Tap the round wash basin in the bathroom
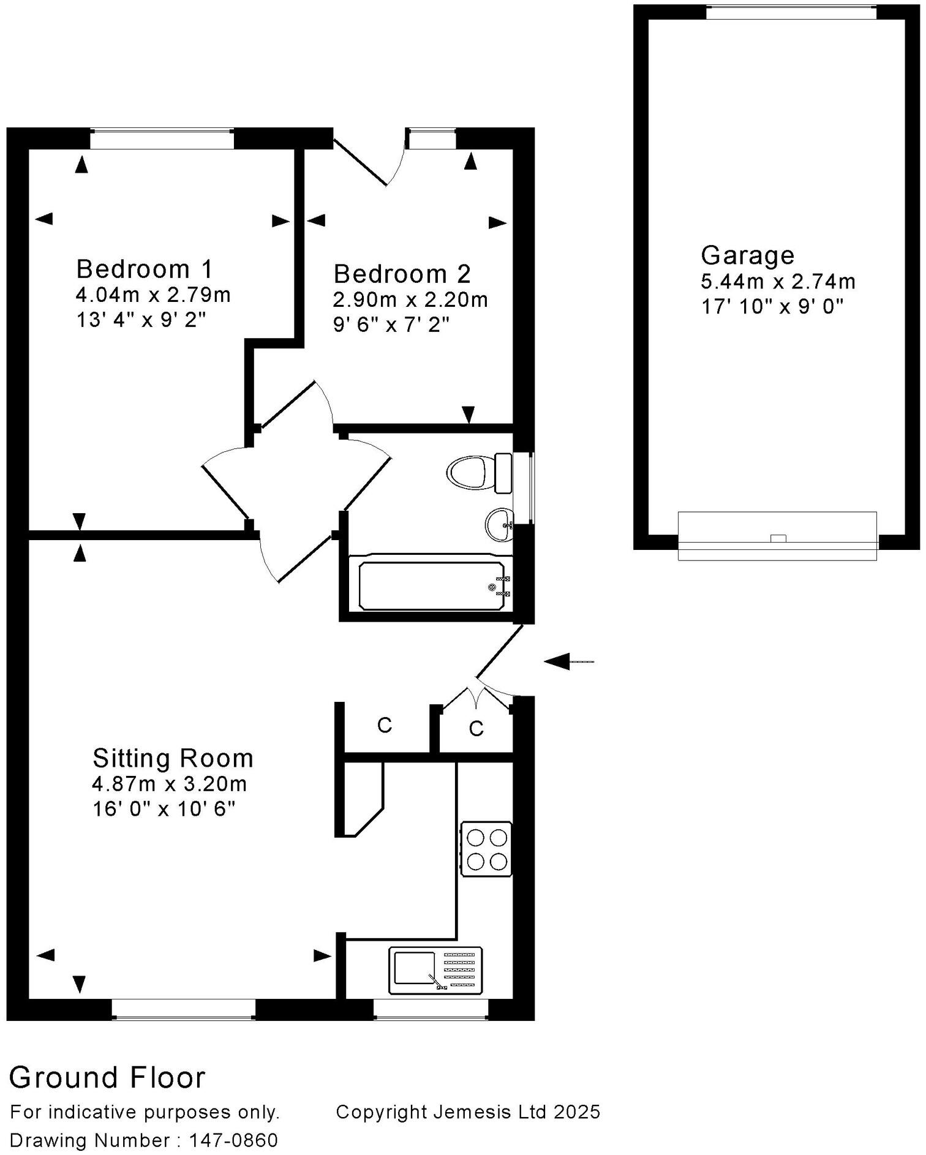[500, 525]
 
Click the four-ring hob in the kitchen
[487, 849]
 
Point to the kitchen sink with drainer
[435, 970]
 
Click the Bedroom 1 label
[145, 269]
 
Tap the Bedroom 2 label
[402, 274]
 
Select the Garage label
[747, 255]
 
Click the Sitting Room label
[173, 758]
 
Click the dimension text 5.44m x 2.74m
[778, 282]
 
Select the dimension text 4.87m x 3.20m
[170, 784]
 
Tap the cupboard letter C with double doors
[476, 728]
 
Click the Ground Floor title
[107, 1078]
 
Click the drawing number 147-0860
[233, 1140]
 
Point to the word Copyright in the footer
[380, 1112]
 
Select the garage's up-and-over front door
[777, 536]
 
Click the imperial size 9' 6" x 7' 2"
[391, 325]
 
